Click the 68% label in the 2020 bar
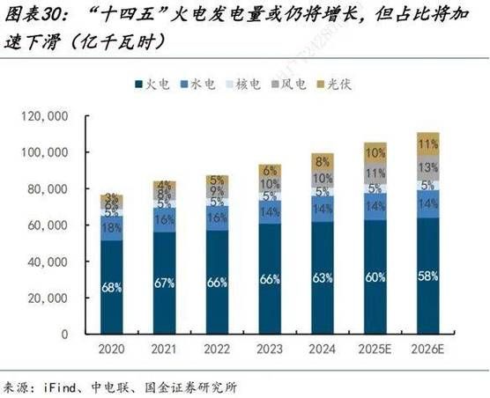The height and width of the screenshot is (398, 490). click(x=112, y=286)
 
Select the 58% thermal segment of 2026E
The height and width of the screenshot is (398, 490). click(x=427, y=276)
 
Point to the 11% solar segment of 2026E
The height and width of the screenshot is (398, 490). click(x=427, y=144)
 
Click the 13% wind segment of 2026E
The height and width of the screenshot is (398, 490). click(x=427, y=167)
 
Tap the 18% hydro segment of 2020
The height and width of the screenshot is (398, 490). click(x=112, y=228)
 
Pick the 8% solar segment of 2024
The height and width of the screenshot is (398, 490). click(x=323, y=161)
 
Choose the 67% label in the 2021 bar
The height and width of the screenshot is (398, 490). click(x=165, y=283)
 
